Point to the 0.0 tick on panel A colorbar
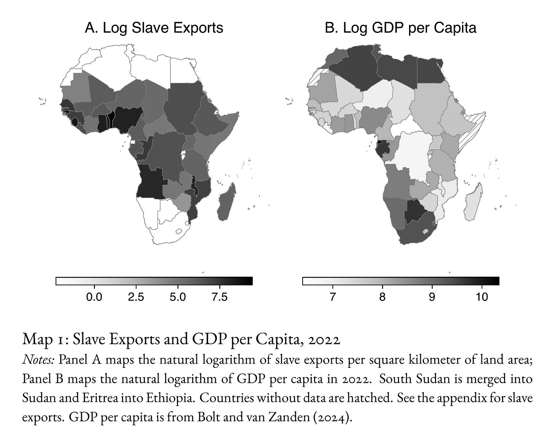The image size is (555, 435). tap(94, 297)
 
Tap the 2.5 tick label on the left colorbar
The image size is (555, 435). tap(136, 297)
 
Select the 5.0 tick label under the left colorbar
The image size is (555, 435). tap(178, 297)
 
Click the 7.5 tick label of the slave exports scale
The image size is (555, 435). tap(220, 297)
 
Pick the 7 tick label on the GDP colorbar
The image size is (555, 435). tap(332, 297)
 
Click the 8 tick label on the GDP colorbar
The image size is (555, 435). tap(382, 297)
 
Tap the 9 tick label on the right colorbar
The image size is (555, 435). tap(432, 297)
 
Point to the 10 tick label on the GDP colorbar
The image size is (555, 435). tap(482, 297)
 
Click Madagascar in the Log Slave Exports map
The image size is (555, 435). tap(226, 203)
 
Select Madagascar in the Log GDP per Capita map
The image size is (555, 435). tap(473, 203)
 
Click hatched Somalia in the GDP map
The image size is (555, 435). tap(470, 133)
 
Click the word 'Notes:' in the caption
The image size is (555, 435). tap(38, 360)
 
